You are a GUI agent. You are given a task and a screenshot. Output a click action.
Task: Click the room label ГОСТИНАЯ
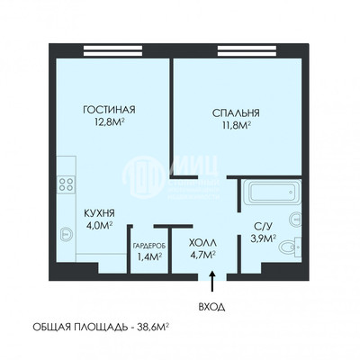tap(114, 110)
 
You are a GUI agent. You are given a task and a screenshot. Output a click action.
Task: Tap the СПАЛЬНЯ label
tap(236, 113)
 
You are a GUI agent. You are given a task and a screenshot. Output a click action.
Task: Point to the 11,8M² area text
tap(236, 127)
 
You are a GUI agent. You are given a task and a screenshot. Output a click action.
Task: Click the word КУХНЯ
tap(98, 213)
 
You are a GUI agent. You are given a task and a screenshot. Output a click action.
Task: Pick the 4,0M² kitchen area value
tap(98, 227)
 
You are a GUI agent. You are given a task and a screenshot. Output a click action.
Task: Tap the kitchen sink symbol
tap(65, 233)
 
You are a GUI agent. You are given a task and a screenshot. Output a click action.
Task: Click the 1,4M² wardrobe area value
tap(148, 256)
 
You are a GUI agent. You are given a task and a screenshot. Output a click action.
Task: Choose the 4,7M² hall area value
tap(202, 256)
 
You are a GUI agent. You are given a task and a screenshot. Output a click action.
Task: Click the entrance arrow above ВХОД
tap(211, 282)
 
